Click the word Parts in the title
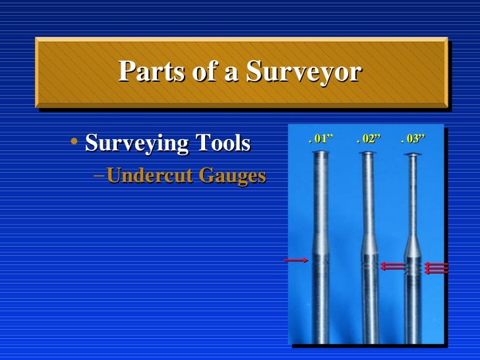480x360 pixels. (x=147, y=72)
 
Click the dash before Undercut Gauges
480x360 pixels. (x=98, y=177)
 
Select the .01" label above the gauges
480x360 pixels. (x=321, y=139)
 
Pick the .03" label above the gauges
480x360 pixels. (x=413, y=139)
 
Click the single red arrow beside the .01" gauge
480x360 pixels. (x=296, y=260)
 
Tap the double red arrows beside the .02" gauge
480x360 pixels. (x=393, y=266)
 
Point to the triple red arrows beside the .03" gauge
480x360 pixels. (x=436, y=268)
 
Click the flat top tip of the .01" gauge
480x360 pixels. (x=321, y=154)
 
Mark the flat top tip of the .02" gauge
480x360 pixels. (x=367, y=155)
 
